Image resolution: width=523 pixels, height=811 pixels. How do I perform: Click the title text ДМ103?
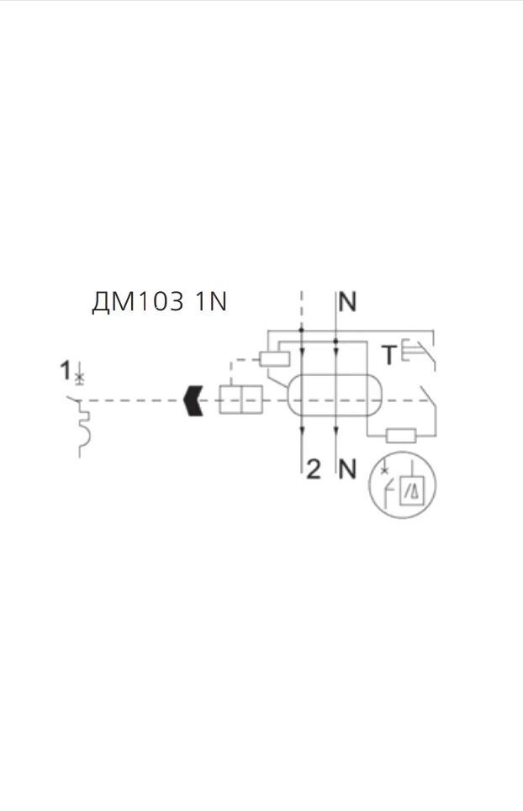137,303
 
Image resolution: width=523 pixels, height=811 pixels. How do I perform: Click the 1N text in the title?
210,303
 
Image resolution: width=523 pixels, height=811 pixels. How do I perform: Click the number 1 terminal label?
65,368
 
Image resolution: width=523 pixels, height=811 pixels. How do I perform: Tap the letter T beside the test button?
389,356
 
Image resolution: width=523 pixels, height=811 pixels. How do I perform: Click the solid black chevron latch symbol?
194,401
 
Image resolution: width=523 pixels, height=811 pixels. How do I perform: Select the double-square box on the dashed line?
240,400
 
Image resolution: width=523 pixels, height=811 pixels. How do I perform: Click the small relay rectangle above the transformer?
275,359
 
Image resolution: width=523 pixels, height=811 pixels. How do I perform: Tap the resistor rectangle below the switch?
400,435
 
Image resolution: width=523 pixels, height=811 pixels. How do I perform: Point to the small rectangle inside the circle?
413,489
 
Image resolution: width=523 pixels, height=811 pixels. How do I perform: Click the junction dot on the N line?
336,341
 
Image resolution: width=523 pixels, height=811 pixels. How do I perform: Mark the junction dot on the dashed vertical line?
301,331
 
